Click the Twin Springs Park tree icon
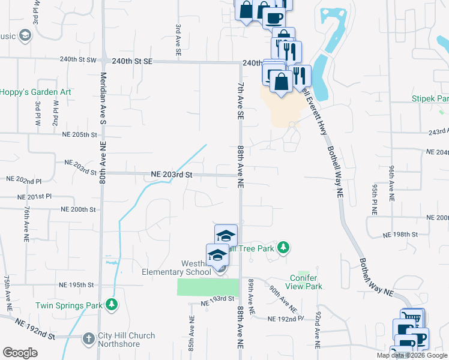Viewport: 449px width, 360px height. pyautogui.click(x=111, y=305)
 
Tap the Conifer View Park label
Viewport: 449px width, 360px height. pyautogui.click(x=306, y=281)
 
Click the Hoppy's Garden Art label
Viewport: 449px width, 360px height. pyautogui.click(x=35, y=92)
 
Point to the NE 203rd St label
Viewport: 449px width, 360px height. pyautogui.click(x=171, y=175)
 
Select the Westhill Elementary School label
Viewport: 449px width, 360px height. pyautogui.click(x=176, y=268)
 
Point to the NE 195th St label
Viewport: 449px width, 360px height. pyautogui.click(x=76, y=284)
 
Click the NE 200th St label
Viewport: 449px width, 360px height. pyautogui.click(x=78, y=209)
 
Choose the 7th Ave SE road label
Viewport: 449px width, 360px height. pyautogui.click(x=240, y=99)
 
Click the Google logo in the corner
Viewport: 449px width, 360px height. pyautogui.click(x=20, y=352)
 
